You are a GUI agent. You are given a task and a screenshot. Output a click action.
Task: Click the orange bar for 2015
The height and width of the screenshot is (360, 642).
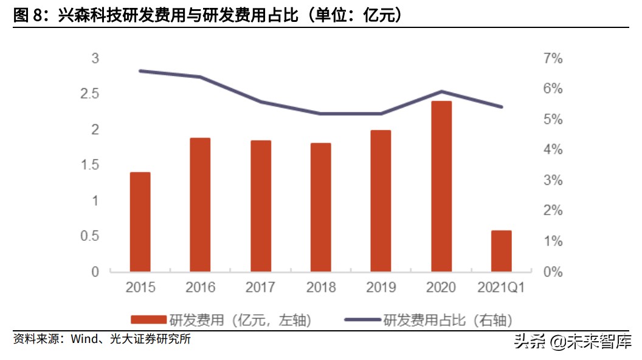click(x=140, y=222)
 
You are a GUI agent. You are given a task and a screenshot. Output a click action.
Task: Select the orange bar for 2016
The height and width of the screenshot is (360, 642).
click(x=200, y=204)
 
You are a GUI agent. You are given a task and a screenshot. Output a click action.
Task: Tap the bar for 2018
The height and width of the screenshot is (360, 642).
click(x=320, y=207)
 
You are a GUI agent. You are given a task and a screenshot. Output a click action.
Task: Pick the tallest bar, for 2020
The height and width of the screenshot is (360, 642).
click(x=441, y=186)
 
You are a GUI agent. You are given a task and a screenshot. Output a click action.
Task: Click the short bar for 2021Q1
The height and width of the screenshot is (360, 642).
click(x=502, y=251)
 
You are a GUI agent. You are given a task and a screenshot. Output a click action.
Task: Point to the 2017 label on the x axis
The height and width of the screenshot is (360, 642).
click(x=260, y=288)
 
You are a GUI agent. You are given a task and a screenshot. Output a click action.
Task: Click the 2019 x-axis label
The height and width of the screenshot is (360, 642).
click(x=381, y=288)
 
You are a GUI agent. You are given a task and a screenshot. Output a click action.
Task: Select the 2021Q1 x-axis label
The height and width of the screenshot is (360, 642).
click(x=502, y=288)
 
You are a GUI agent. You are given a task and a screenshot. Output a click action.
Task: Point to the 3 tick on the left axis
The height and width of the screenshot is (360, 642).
click(x=95, y=58)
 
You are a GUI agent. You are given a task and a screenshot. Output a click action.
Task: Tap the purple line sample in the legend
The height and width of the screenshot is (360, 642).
click(x=362, y=320)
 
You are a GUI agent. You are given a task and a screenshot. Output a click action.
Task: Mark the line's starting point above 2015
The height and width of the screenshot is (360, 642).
click(x=140, y=71)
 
